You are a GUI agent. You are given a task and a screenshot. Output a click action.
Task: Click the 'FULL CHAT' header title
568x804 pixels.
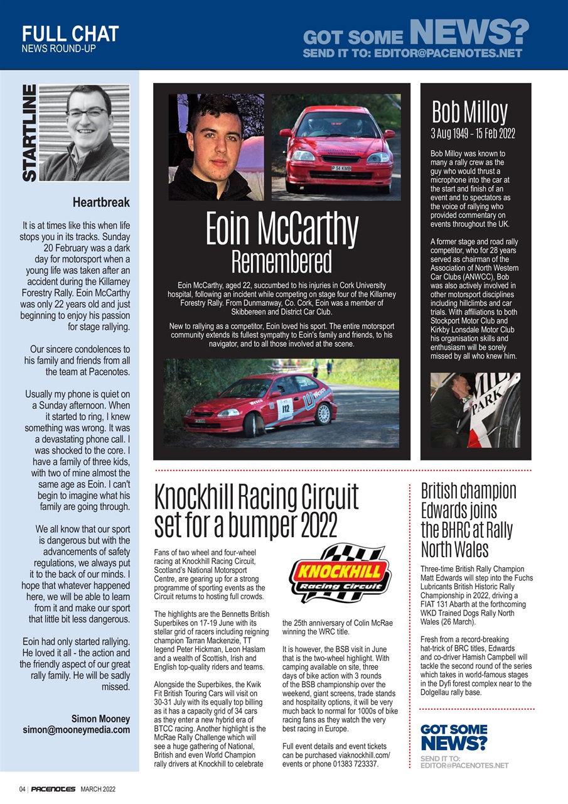(70, 33)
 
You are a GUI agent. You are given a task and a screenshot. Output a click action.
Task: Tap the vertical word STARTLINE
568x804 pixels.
(29, 133)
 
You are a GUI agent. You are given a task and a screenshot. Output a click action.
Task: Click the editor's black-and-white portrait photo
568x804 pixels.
(92, 133)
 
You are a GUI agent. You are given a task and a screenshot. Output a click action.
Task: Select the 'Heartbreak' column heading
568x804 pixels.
(101, 203)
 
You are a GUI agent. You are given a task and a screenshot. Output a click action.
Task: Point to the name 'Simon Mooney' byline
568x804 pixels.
(100, 718)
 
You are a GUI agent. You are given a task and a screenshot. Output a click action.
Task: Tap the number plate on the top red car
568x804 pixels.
(341, 168)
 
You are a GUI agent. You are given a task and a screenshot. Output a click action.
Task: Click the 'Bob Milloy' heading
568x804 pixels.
(469, 112)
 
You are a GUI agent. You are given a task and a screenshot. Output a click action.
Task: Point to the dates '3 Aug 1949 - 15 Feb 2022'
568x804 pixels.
(472, 134)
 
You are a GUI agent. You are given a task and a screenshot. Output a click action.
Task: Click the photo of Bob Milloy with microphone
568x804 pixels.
(474, 410)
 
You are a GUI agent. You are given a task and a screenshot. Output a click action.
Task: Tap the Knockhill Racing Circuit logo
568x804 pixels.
(339, 573)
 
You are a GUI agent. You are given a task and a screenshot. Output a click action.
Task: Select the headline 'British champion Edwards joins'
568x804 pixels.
(468, 499)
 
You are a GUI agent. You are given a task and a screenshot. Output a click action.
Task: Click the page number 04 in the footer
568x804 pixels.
(22, 788)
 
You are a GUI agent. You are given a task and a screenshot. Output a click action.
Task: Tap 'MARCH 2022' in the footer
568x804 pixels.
(97, 788)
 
